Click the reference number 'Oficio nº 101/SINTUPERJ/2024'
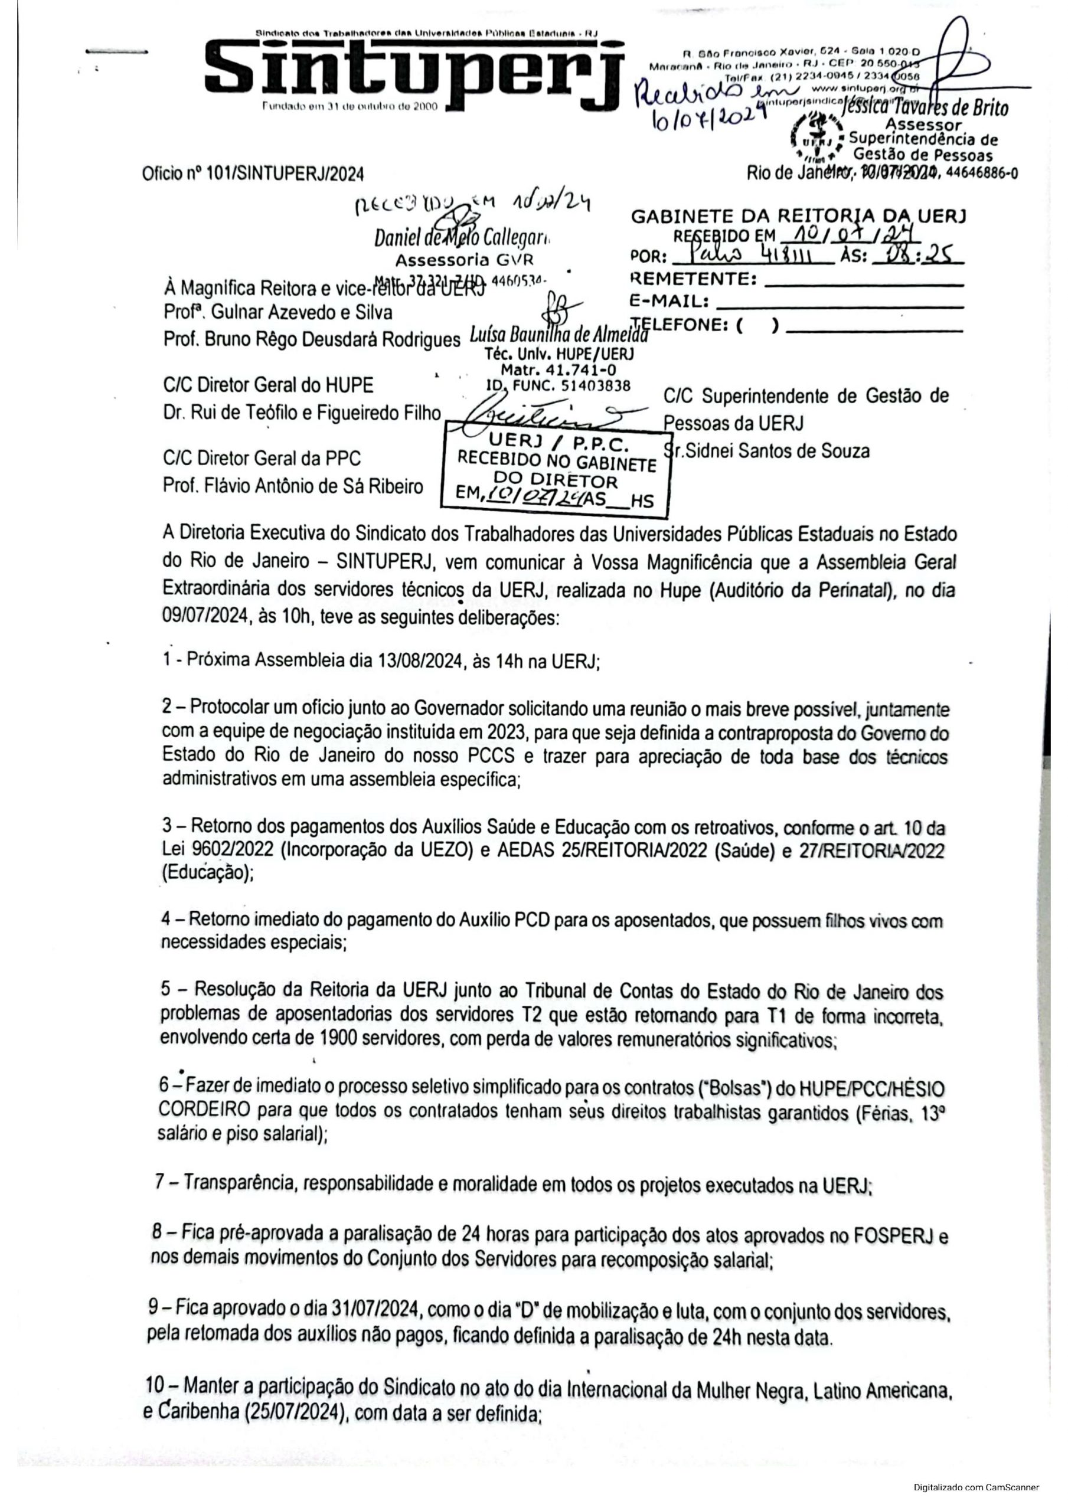click(x=253, y=174)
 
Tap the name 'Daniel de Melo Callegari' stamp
click(x=463, y=237)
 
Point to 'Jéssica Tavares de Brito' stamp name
click(x=925, y=108)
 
